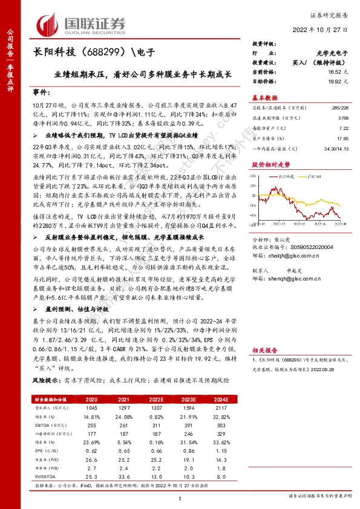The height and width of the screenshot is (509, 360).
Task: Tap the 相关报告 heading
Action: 264,349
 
